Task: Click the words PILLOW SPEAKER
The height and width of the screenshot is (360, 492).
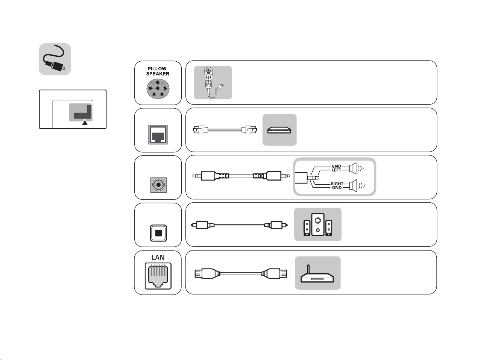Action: point(158,71)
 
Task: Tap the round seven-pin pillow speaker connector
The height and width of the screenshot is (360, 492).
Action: point(158,89)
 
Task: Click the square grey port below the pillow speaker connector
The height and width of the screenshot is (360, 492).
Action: point(158,135)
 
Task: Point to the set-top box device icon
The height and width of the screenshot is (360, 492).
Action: point(279,130)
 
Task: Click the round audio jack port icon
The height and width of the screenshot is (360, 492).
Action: point(159,185)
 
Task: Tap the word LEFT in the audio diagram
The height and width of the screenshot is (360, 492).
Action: point(336,170)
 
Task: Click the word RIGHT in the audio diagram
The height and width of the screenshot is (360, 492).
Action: point(337,184)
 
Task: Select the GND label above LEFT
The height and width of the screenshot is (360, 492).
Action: point(336,166)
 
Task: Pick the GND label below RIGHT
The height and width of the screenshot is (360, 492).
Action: point(337,188)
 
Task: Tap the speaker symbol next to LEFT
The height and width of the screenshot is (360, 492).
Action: point(353,169)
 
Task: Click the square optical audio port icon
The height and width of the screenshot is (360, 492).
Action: point(158,233)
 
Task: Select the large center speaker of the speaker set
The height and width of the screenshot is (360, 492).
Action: point(318,224)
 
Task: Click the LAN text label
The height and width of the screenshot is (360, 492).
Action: point(158,257)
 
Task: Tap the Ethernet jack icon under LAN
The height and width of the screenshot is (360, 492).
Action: point(158,276)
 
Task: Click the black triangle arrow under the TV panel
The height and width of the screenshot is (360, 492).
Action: point(85,122)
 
